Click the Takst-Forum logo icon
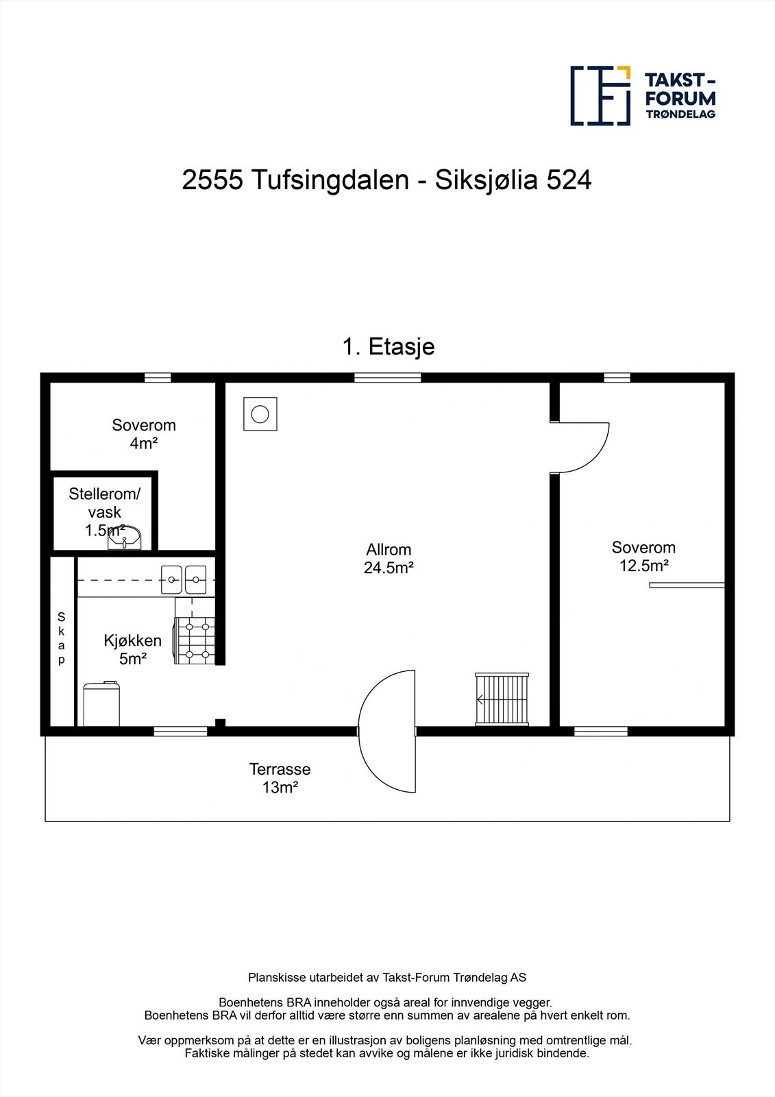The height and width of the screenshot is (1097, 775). [600, 96]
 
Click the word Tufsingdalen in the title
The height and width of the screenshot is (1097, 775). [330, 180]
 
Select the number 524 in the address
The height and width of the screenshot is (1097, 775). [568, 180]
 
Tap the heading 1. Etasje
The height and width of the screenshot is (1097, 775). [388, 347]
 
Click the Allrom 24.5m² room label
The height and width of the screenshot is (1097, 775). [389, 559]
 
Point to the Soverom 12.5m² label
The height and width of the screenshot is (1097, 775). [643, 557]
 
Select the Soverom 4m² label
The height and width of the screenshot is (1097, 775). [144, 434]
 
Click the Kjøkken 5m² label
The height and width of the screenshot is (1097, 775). [133, 649]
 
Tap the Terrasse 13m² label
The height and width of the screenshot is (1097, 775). [280, 778]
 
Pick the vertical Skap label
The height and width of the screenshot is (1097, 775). [62, 638]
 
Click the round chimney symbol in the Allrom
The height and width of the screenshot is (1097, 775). [260, 414]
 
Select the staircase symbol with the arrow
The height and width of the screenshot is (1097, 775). [502, 699]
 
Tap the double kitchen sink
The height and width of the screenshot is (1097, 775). [184, 580]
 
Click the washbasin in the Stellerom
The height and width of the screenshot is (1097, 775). [125, 538]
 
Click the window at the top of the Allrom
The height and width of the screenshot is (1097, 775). [387, 377]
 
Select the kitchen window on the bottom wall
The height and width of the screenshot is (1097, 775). [180, 732]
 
